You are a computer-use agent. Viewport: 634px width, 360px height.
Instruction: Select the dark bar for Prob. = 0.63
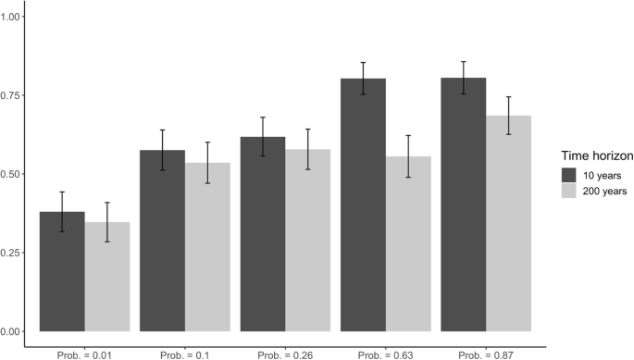[364, 205]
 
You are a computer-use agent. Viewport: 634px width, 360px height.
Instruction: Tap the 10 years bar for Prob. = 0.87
[464, 204]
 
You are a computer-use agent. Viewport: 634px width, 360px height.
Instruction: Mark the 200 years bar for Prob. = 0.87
[509, 223]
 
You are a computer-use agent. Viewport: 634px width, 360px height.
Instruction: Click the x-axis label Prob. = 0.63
[386, 353]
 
